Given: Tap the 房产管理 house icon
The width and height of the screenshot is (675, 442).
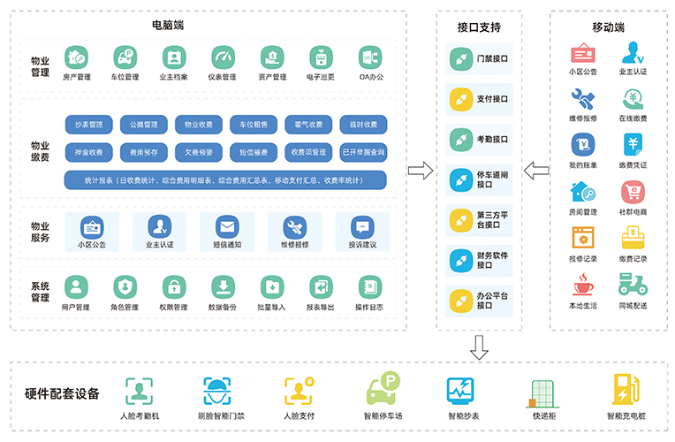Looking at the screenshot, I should click(77, 57).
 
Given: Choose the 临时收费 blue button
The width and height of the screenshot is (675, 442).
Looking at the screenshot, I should click(363, 124).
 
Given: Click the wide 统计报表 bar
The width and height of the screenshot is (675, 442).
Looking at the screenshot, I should click(225, 180).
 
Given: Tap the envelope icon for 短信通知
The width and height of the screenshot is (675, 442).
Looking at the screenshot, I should click(227, 226).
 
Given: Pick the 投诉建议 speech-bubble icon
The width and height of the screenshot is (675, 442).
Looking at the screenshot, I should click(362, 226).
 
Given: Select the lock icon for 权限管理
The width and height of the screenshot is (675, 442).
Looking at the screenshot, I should click(174, 287).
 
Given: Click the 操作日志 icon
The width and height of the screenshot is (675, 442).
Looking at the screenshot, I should click(368, 287).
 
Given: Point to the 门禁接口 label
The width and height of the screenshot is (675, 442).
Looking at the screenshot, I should click(492, 58).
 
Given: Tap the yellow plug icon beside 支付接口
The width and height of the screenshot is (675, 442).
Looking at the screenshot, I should click(459, 99).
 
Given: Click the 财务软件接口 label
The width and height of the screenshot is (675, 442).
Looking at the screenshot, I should click(492, 261).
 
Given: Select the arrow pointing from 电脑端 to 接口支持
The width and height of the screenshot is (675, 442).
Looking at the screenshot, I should click(421, 171).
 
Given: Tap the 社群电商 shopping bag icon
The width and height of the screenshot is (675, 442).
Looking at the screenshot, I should click(632, 192).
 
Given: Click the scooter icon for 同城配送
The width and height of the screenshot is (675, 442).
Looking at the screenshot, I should click(632, 285).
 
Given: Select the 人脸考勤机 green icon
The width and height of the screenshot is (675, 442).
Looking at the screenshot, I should click(139, 392).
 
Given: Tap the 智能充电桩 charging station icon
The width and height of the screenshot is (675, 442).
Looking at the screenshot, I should click(626, 392).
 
